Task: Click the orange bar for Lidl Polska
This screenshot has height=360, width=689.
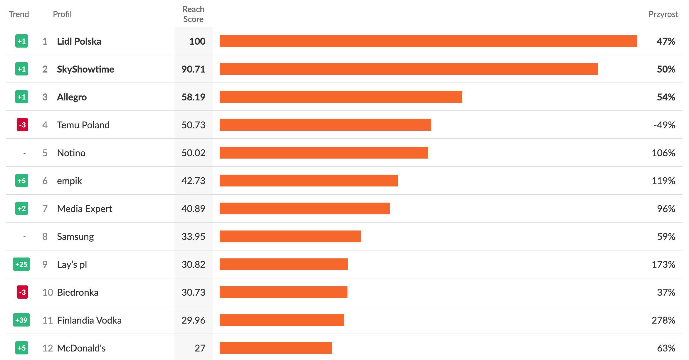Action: coord(428,41)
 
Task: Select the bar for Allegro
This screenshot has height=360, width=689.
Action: coord(341,97)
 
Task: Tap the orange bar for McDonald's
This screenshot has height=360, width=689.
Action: coord(275,348)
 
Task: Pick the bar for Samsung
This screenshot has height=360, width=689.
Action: coord(290,236)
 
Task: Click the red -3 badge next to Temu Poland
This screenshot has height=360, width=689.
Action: coord(22,125)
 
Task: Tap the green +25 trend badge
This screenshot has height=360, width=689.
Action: coord(21,264)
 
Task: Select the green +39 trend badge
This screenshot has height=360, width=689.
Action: coord(21,320)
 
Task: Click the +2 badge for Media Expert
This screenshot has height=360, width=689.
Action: coord(22,208)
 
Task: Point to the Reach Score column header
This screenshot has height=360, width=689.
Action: coord(193,14)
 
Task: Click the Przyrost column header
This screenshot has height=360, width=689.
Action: coord(663,14)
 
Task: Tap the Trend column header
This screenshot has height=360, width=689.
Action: coord(19,14)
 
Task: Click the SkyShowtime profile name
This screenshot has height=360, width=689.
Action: coord(85,69)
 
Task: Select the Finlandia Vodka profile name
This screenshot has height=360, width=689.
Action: coord(89,320)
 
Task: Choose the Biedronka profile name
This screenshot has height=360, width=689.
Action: coord(78,292)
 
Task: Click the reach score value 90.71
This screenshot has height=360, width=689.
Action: coord(193,69)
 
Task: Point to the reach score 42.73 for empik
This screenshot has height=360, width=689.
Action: coord(193,181)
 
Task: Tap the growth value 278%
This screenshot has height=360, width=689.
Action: coord(663,320)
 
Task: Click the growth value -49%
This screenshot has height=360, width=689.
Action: coord(664,125)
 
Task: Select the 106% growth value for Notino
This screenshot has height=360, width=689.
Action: coord(663,153)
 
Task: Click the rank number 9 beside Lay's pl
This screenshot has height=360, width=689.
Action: coord(45,264)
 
